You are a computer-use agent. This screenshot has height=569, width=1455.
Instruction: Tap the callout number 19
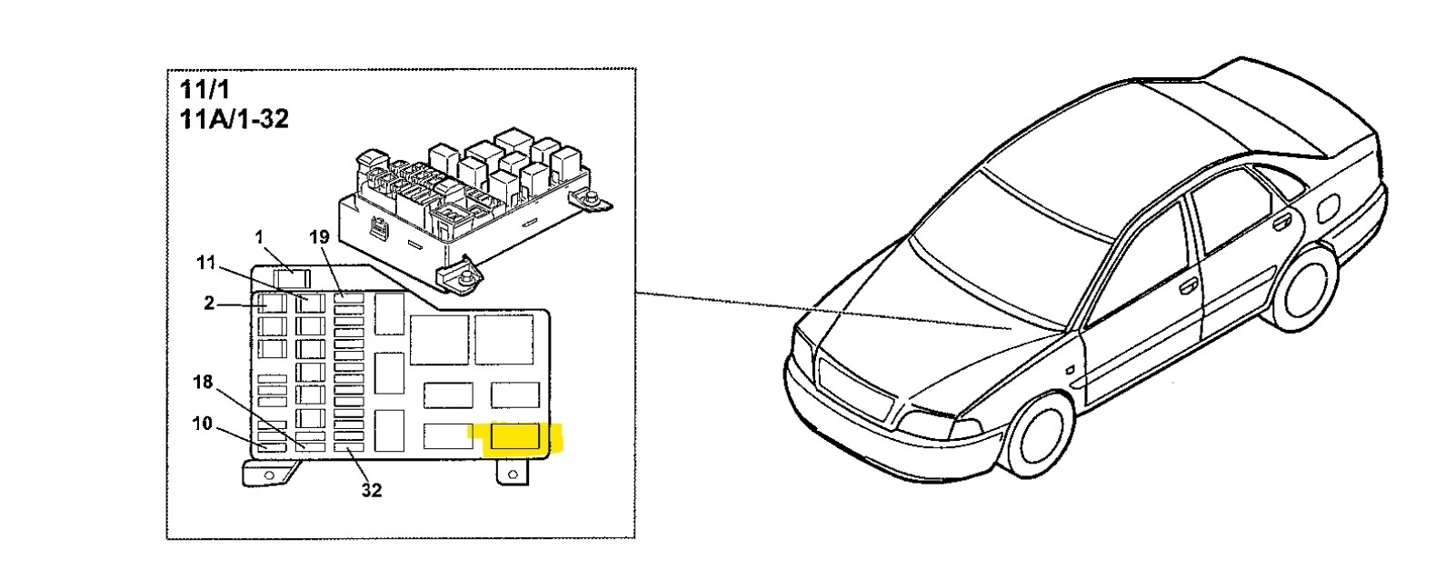point(318,238)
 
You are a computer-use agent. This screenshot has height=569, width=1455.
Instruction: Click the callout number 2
point(209,304)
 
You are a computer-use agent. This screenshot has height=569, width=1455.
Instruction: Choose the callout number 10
point(202,423)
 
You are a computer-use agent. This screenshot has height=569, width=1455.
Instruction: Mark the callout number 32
point(371,490)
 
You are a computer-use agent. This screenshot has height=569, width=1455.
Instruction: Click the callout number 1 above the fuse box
point(259,238)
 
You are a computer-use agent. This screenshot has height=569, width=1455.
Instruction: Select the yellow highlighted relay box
point(515,437)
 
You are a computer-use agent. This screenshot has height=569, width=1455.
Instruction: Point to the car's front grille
point(851,383)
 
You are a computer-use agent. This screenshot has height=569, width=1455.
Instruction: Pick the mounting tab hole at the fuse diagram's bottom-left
point(266,474)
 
